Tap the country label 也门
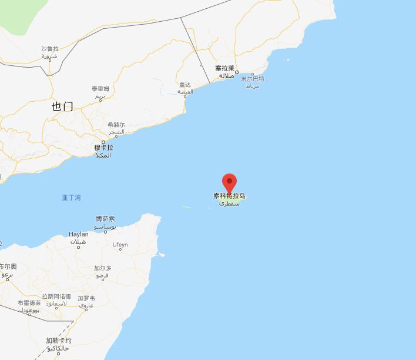[x=62, y=106]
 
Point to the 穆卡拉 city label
[x=103, y=148]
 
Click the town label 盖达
[x=185, y=85]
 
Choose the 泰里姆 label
[x=100, y=89]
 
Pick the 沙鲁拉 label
[x=50, y=49]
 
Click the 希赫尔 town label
[x=116, y=125]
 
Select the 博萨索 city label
[x=106, y=219]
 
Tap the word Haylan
[x=79, y=234]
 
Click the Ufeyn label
[x=120, y=245]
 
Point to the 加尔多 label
[x=103, y=268]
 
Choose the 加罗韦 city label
[x=86, y=298]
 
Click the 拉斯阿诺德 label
[x=56, y=296]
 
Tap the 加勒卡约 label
[x=59, y=341]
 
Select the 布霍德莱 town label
[x=29, y=303]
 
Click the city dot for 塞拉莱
[x=236, y=72]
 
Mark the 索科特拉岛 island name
[x=230, y=196]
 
